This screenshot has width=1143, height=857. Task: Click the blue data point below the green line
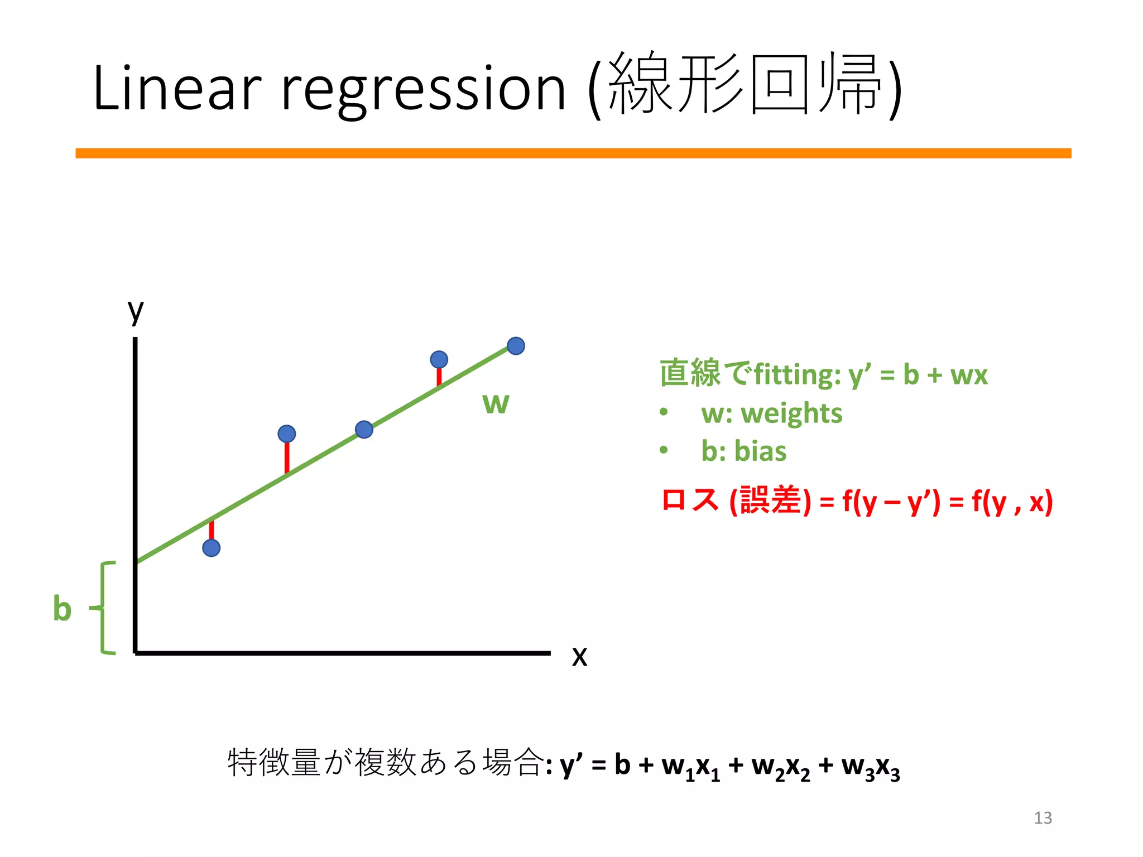[x=211, y=548]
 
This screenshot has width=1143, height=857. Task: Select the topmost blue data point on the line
[x=516, y=346]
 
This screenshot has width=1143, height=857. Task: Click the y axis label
[x=136, y=311]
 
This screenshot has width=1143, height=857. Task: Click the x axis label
[x=579, y=656]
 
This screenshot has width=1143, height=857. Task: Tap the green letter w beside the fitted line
[x=496, y=403]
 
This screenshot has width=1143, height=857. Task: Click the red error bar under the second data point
[x=287, y=458]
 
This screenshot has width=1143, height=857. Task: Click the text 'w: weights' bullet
[x=771, y=413]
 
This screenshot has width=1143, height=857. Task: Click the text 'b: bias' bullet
[x=743, y=451]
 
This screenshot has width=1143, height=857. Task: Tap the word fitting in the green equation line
[x=796, y=374]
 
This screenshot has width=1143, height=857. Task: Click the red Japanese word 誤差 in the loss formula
[x=771, y=500]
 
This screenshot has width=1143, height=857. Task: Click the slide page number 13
[x=1043, y=818]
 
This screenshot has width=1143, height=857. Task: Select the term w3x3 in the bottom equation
[x=871, y=768]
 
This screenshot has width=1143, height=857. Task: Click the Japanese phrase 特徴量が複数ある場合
[x=385, y=763]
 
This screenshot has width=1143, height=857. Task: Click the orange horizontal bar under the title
[x=573, y=153]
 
